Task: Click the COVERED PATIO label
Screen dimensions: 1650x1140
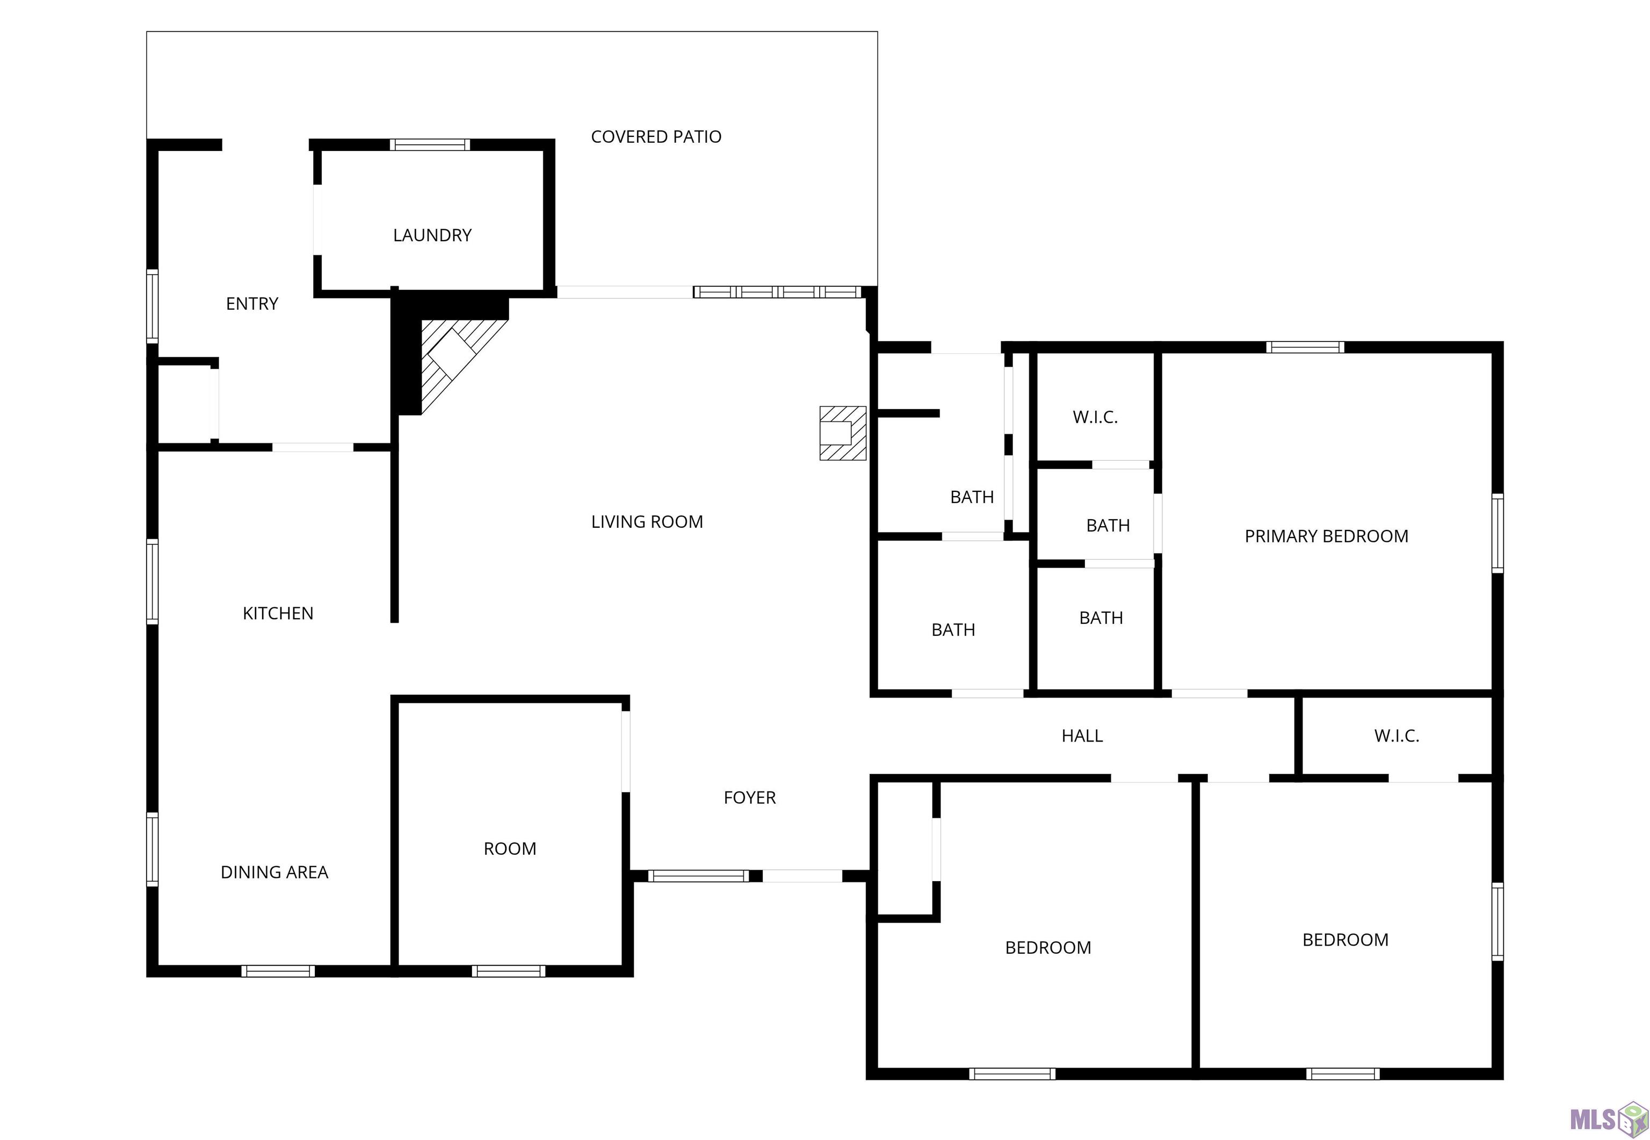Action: click(x=656, y=136)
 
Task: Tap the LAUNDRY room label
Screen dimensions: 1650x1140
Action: click(x=432, y=235)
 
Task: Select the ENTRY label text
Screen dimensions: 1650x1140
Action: click(x=251, y=303)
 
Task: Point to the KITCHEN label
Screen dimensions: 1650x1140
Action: click(x=278, y=613)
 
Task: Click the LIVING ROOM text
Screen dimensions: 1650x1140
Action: click(x=647, y=521)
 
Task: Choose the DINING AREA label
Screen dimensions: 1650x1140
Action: click(x=274, y=872)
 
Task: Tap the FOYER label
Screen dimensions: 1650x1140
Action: click(x=749, y=797)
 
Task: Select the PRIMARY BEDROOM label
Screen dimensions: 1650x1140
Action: click(x=1327, y=536)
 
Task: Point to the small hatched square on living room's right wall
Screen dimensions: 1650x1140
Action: click(x=842, y=433)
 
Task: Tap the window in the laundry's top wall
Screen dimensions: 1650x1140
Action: click(x=430, y=145)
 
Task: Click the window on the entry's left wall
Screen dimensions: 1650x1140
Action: click(x=152, y=306)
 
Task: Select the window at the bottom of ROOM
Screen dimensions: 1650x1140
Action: click(x=509, y=971)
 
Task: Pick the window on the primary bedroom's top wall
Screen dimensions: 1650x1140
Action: click(x=1305, y=347)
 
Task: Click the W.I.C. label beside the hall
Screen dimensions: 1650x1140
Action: click(x=1396, y=735)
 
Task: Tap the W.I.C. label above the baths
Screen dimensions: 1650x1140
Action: click(x=1095, y=417)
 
